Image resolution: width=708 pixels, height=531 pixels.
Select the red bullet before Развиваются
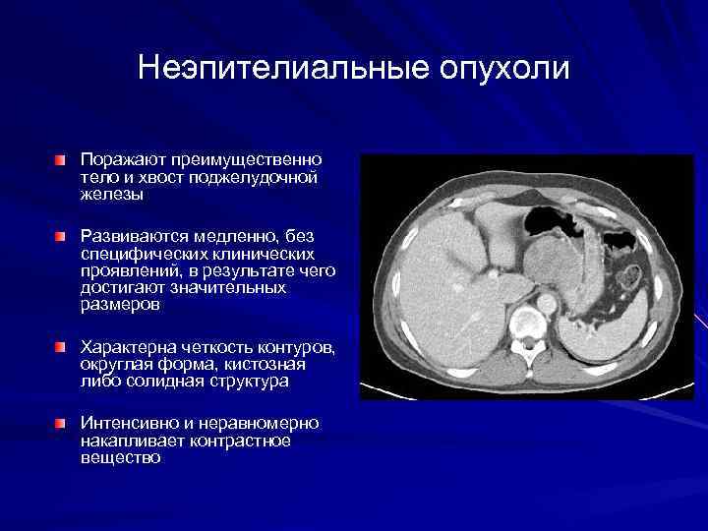coord(61,237)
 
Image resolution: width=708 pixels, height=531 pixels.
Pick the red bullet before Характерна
coord(61,348)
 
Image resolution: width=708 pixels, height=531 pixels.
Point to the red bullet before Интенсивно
coord(61,423)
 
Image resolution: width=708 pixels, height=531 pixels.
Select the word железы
coord(112,195)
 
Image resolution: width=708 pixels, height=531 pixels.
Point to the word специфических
coord(138,254)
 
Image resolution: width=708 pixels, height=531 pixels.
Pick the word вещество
coord(120,457)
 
